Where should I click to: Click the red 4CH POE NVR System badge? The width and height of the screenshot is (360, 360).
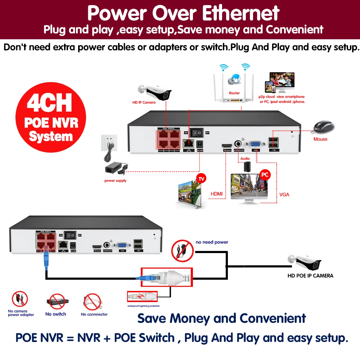coord(51,117)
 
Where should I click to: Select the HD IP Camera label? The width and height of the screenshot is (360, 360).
coord(144,102)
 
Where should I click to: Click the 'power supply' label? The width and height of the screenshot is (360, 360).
coord(115,181)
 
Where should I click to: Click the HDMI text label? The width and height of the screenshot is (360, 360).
coord(216,194)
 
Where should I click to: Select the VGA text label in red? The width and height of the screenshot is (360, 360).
coord(284,195)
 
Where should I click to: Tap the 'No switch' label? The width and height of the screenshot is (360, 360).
coord(55,314)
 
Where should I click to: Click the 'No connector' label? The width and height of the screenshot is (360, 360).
coord(94,314)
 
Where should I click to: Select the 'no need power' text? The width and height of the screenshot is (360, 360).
coord(212,242)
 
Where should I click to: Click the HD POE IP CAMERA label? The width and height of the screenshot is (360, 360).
coord(310,276)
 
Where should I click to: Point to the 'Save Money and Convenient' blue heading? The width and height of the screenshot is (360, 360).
coord(222,318)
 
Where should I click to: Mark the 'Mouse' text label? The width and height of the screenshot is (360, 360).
coord(320,139)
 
